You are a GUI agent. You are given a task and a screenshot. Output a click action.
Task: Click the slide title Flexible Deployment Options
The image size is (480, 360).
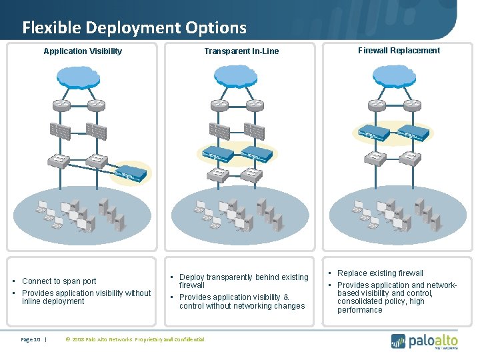click(x=134, y=28)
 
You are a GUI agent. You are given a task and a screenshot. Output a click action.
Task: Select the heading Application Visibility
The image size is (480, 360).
click(x=83, y=51)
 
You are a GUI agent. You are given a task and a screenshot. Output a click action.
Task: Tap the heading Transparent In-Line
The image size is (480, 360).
click(x=241, y=51)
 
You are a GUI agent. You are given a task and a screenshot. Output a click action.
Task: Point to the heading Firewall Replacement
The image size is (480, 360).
click(x=399, y=51)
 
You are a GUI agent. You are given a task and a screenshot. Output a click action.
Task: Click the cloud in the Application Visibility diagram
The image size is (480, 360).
click(x=79, y=78)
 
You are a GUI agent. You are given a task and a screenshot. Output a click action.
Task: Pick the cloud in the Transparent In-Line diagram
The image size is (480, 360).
click(x=238, y=78)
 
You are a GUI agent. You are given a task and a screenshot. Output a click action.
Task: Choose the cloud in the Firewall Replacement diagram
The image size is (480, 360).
click(x=395, y=78)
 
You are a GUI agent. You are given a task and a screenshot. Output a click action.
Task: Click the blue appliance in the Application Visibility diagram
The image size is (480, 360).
click(x=131, y=174)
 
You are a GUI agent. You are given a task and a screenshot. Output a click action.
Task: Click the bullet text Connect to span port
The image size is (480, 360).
click(x=59, y=281)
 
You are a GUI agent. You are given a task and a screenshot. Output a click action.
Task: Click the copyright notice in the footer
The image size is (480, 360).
click(x=135, y=339)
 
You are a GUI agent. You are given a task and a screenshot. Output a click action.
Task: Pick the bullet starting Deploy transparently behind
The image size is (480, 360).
click(x=243, y=281)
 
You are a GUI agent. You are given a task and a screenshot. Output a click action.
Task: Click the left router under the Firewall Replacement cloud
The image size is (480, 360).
click(x=377, y=105)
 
